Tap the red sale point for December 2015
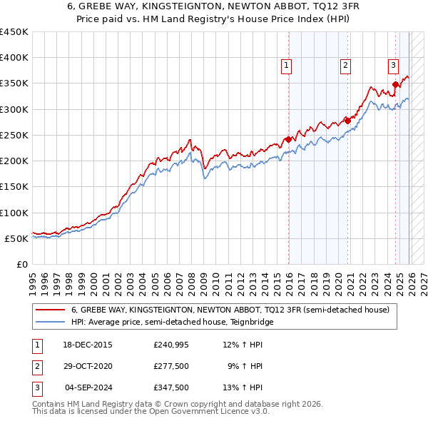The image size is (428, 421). (288, 139)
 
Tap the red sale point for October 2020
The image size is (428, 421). (347, 121)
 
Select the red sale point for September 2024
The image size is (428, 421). (395, 84)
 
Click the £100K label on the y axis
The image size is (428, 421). (14, 213)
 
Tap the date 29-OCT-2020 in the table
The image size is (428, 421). (88, 366)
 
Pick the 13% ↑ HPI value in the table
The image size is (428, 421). (243, 387)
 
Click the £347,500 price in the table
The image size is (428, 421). (171, 387)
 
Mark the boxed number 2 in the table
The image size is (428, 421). (36, 366)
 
